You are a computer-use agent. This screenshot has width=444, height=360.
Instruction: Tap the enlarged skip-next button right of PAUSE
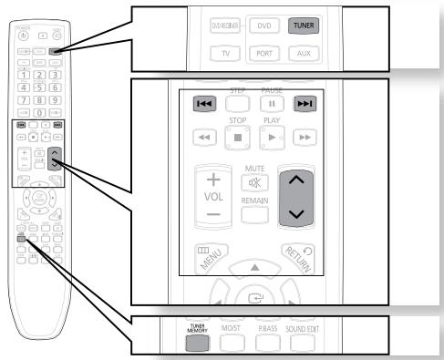(x=304, y=104)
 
